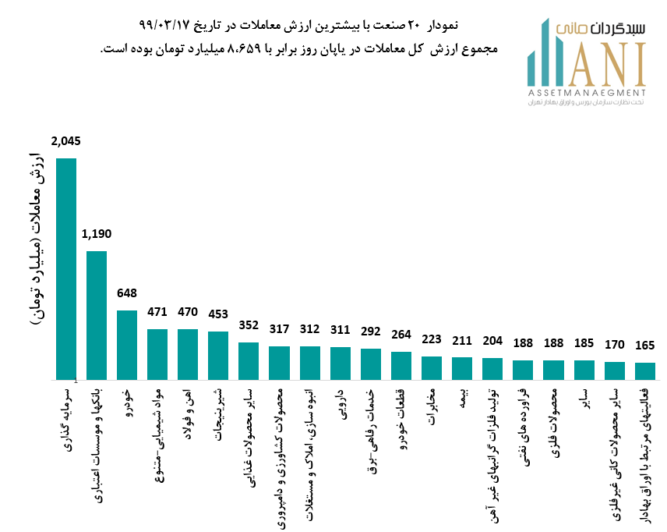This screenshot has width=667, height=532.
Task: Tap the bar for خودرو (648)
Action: pyautogui.click(x=127, y=344)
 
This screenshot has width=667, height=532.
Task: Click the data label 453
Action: pyautogui.click(x=218, y=315)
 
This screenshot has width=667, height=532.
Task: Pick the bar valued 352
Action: pyautogui.click(x=249, y=360)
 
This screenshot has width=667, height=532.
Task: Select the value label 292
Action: pyautogui.click(x=371, y=332)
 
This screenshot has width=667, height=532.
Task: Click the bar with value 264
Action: pyautogui.click(x=401, y=365)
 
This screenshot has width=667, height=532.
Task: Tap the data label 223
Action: pyautogui.click(x=432, y=339)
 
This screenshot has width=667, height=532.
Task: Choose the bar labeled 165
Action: pyautogui.click(x=645, y=371)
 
